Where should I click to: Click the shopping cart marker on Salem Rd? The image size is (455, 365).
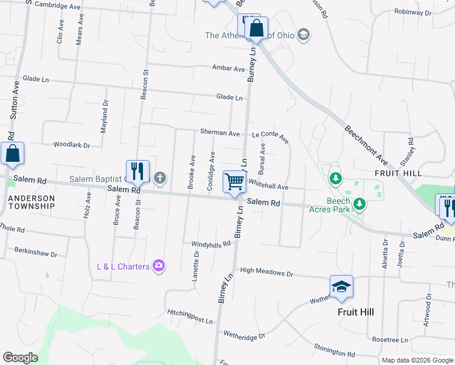coord(234,181)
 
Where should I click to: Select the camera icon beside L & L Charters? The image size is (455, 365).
coord(159,265)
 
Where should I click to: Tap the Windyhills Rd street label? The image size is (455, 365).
coord(211,244)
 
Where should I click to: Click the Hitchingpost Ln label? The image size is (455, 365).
coord(191,316)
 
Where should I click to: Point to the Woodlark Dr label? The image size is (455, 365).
coord(71,145)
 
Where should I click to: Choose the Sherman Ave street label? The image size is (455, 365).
coord(220,133)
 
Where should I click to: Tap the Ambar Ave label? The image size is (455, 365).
coord(228,69)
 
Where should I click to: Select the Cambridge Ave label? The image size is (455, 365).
coord(58,5)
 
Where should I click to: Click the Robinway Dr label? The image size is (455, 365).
coord(412,12)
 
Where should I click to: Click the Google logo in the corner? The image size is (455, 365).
coord(20,358)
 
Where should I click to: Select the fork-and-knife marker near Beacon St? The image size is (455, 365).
coord(137,172)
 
